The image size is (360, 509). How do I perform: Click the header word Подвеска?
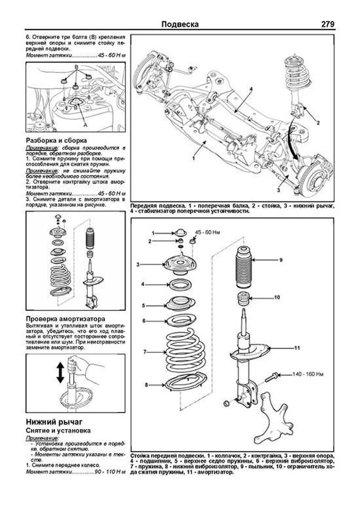(180, 24)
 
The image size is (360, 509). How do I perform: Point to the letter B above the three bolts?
(76, 67)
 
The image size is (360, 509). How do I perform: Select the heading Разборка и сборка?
(56, 140)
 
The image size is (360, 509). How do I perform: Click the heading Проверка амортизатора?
(65, 319)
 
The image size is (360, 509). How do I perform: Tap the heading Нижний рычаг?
(54, 422)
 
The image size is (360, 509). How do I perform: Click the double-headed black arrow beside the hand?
(60, 372)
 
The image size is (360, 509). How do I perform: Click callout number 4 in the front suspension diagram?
(251, 89)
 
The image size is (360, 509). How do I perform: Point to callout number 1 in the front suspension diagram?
(193, 158)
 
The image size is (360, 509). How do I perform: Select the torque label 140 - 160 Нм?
(308, 374)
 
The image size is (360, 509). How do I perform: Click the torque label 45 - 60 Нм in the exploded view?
(208, 232)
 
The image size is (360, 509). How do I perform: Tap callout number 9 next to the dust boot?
(281, 260)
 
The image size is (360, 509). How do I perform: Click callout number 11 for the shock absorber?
(297, 348)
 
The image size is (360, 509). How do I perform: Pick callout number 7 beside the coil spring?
(145, 352)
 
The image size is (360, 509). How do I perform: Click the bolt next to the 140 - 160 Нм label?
(272, 377)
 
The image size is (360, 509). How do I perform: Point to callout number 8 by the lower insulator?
(146, 385)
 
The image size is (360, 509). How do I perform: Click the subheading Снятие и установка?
(58, 431)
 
